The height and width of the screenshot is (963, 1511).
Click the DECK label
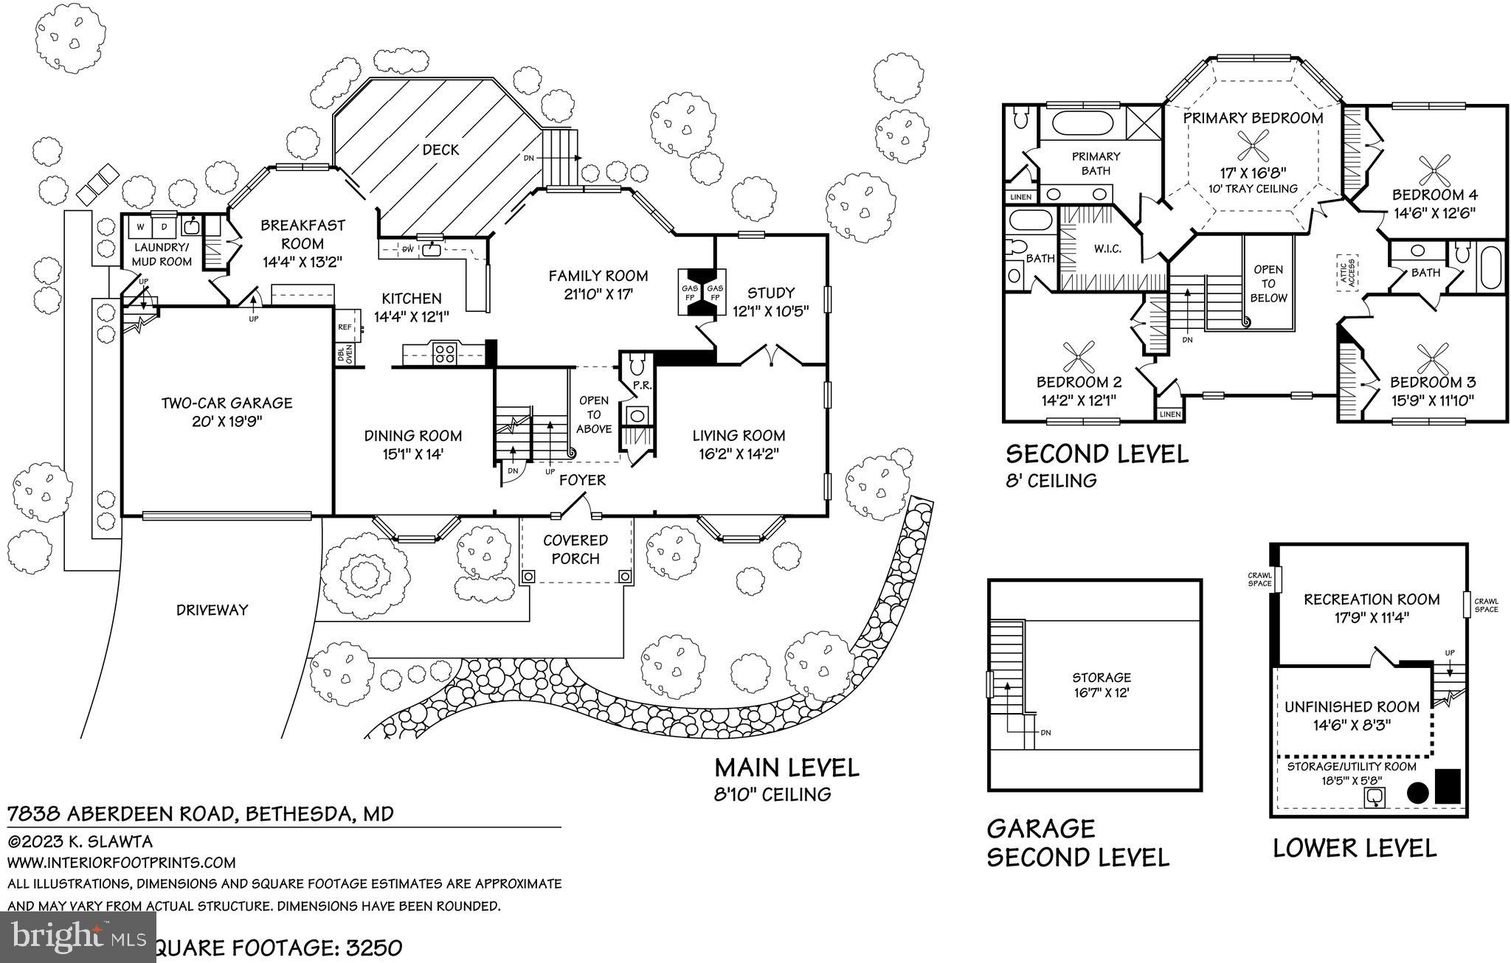pyautogui.click(x=440, y=150)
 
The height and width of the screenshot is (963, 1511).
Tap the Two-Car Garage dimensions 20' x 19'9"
pyautogui.click(x=227, y=422)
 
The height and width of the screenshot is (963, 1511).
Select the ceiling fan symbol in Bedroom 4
pyautogui.click(x=1434, y=172)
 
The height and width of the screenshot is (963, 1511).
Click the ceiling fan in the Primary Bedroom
pyautogui.click(x=1253, y=145)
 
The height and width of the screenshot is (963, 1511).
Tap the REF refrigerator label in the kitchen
pyautogui.click(x=345, y=327)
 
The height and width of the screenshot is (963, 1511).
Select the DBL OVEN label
pyautogui.click(x=345, y=354)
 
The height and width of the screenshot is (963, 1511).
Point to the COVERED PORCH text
pyautogui.click(x=575, y=549)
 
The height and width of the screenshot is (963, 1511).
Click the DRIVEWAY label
pyautogui.click(x=212, y=610)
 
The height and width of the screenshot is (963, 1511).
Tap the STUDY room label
pyautogui.click(x=771, y=293)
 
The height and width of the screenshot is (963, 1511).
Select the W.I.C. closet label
pyautogui.click(x=1107, y=248)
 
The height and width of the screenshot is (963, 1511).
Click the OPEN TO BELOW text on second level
pyautogui.click(x=1268, y=283)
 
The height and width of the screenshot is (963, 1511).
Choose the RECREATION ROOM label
pyautogui.click(x=1372, y=599)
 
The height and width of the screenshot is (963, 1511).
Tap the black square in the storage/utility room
pyautogui.click(x=1448, y=786)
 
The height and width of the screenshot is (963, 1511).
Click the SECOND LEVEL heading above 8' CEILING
pyautogui.click(x=1097, y=453)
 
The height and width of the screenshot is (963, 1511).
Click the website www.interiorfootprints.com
pyautogui.click(x=122, y=862)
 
